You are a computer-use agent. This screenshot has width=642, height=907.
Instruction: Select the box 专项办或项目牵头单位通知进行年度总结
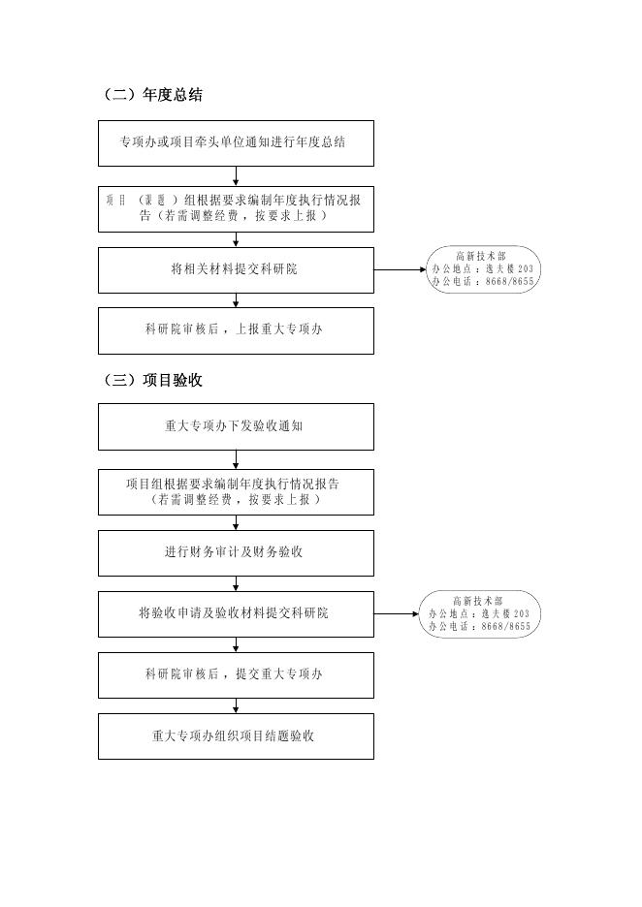click(236, 142)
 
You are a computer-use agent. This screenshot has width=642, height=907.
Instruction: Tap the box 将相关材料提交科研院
click(236, 269)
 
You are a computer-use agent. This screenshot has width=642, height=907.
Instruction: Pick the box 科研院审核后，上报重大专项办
click(236, 330)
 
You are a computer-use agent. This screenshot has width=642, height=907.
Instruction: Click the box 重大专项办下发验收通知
click(236, 426)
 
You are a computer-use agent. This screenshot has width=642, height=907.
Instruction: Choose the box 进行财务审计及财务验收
click(236, 552)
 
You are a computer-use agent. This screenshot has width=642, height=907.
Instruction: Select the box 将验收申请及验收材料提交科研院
click(236, 613)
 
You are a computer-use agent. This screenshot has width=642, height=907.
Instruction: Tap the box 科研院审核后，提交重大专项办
click(236, 674)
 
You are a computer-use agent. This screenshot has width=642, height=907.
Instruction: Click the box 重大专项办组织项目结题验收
click(236, 735)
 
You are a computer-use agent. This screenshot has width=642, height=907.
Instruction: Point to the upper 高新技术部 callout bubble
click(482, 269)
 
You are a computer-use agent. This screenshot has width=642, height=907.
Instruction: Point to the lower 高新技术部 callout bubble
click(480, 614)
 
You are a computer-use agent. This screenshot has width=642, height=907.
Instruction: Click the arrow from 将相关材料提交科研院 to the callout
click(399, 270)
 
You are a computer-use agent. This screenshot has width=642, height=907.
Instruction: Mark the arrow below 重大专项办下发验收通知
click(236, 460)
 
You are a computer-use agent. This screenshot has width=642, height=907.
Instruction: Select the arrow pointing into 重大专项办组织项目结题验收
click(236, 705)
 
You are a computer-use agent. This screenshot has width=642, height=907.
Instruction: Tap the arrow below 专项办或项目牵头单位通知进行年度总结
click(236, 176)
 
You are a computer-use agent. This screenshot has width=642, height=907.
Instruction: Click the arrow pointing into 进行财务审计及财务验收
click(236, 522)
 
